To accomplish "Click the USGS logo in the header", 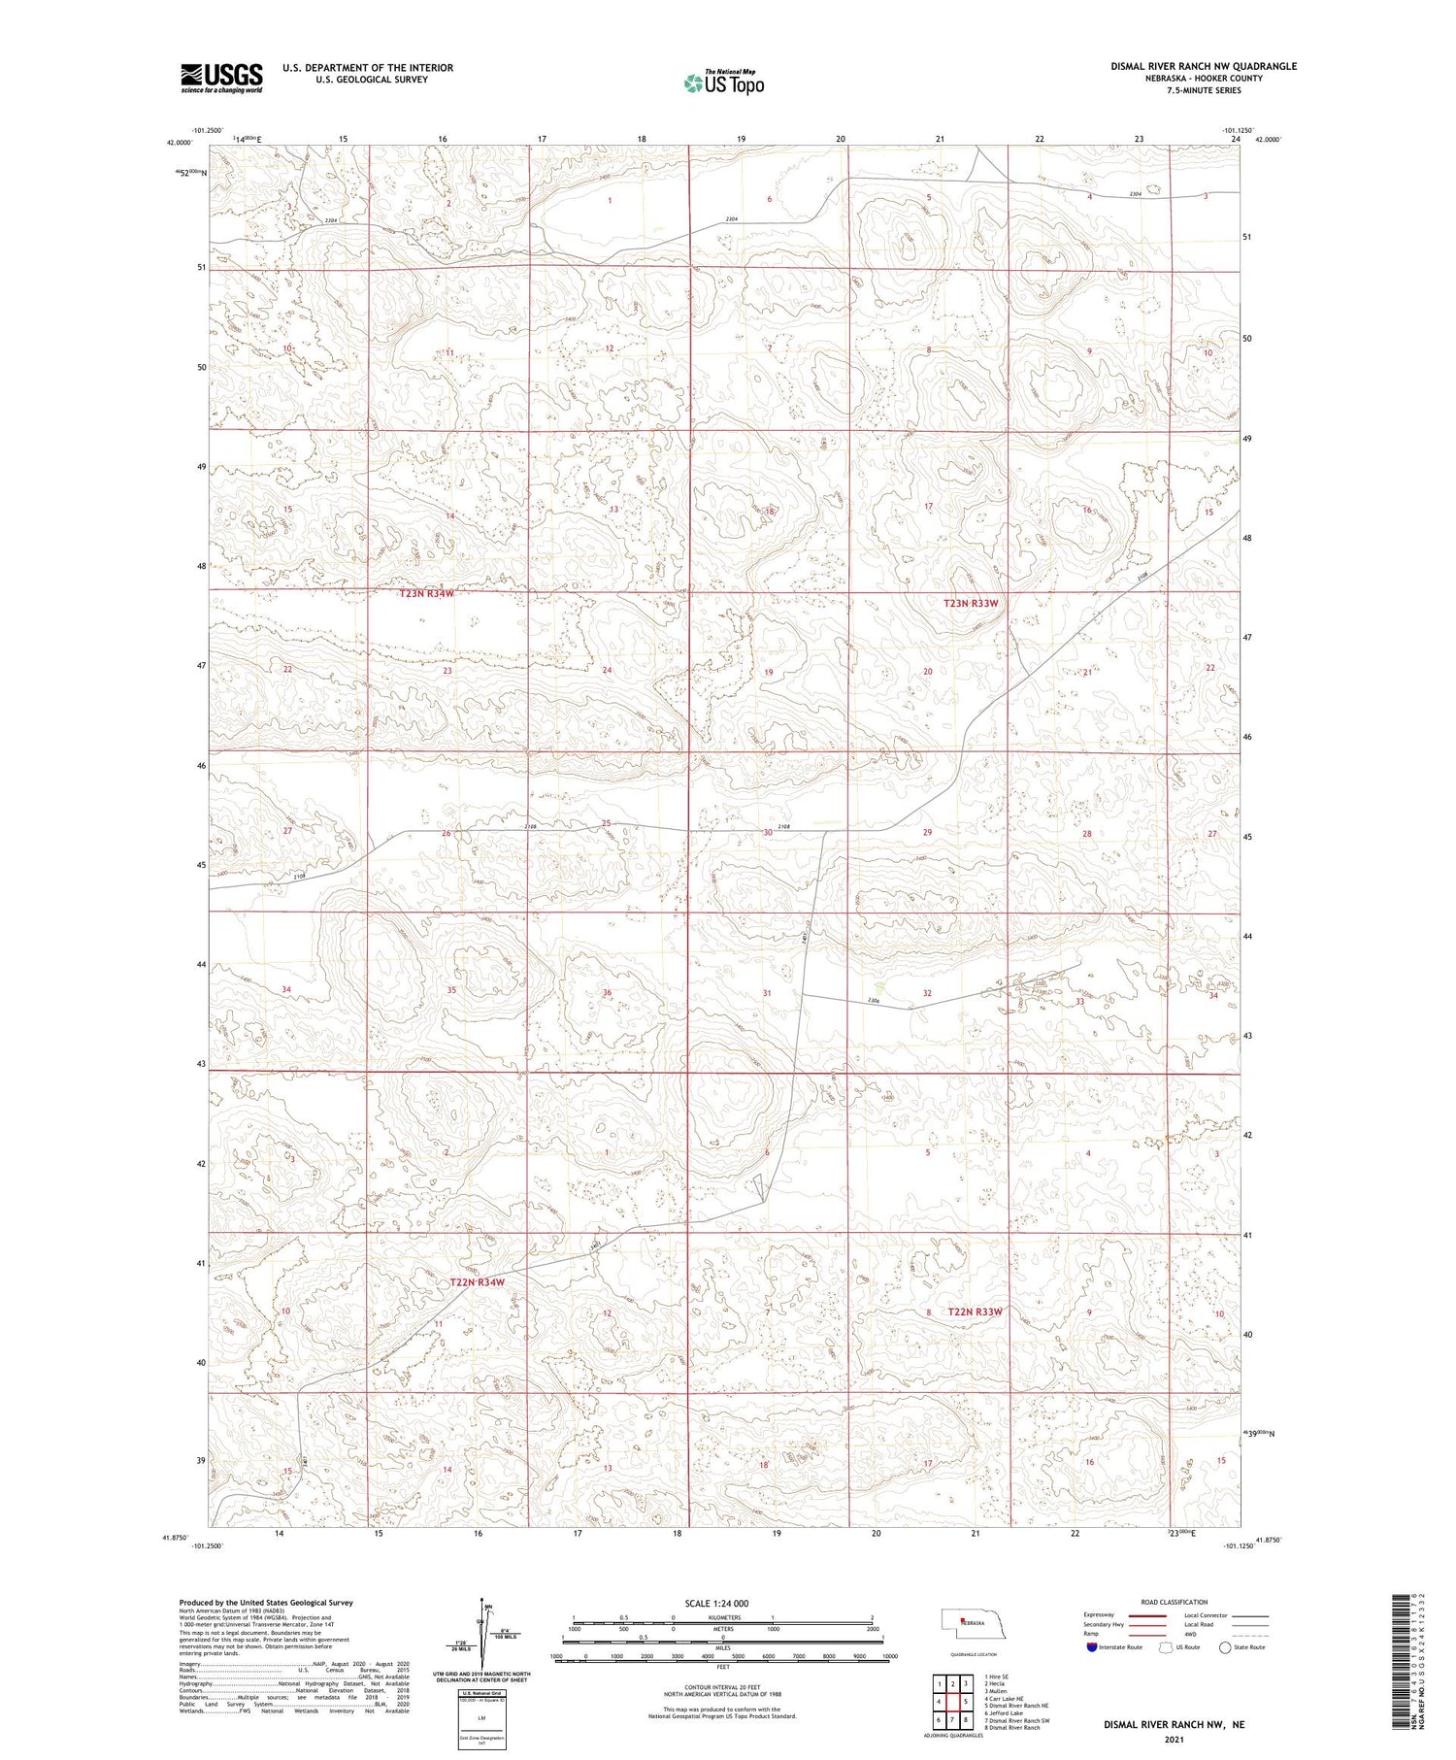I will [x=221, y=78].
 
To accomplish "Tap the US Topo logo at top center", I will [x=723, y=83].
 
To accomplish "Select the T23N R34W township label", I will [x=426, y=593].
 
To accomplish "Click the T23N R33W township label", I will [x=971, y=603].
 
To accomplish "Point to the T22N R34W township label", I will [x=478, y=1282].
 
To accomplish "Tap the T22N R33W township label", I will [x=975, y=1312].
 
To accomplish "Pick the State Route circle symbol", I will [x=1226, y=1647].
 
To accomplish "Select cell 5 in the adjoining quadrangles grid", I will [x=966, y=1702].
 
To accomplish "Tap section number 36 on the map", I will [x=608, y=992].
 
